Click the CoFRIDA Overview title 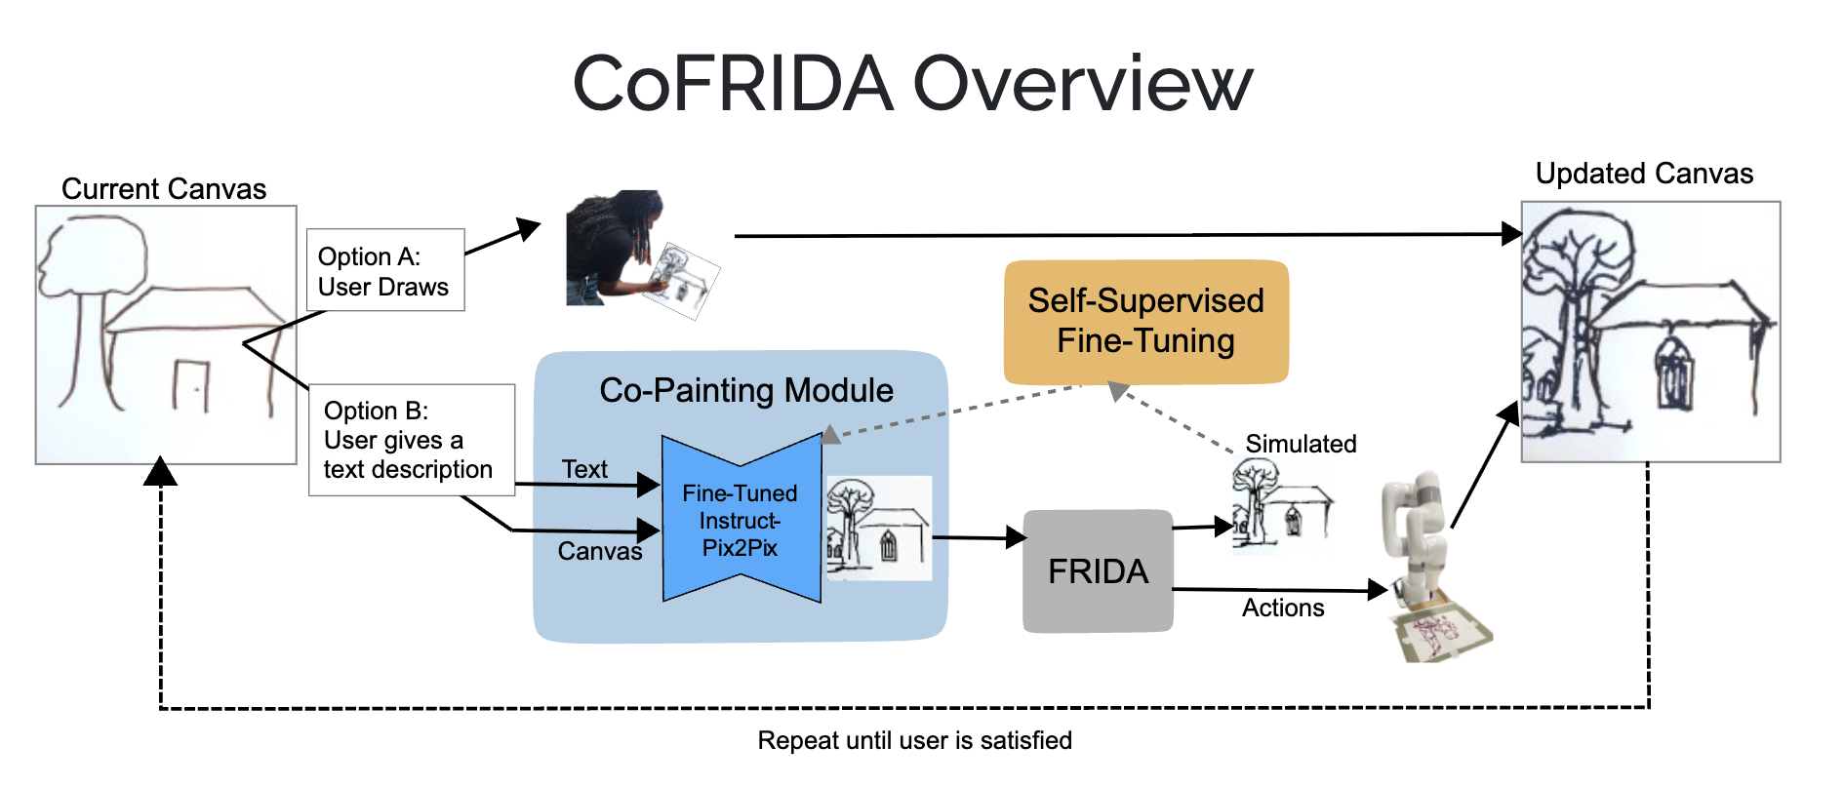[911, 84]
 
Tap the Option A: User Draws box [384, 271]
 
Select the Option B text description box [411, 440]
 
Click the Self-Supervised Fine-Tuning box [1145, 322]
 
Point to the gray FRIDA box [1098, 571]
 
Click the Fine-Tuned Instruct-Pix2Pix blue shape [741, 520]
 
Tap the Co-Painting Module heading [745, 390]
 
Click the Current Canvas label [164, 188]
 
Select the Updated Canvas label [1644, 174]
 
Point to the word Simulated [1301, 444]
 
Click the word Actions [1282, 608]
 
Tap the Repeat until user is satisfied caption [914, 740]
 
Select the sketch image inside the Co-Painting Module [878, 529]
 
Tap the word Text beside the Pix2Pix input [584, 469]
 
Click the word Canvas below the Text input [599, 551]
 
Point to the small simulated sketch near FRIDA [1280, 504]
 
